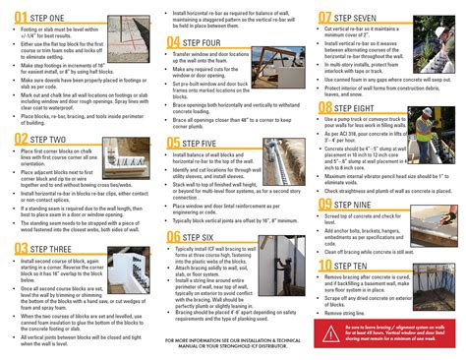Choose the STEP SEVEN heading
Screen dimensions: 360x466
(361, 17)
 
